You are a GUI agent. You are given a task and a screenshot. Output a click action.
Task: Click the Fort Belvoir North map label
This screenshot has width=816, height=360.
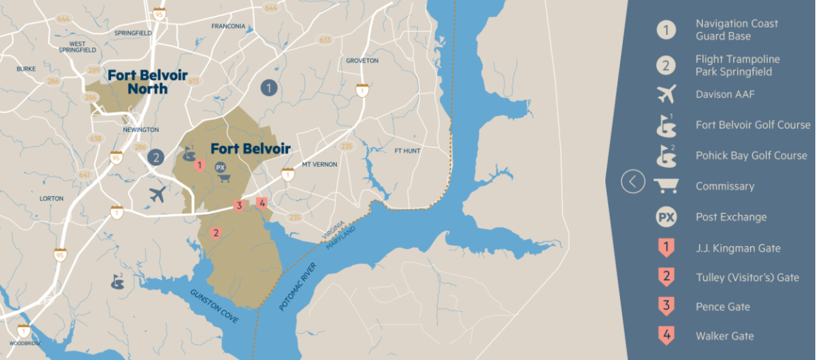(x=147, y=81)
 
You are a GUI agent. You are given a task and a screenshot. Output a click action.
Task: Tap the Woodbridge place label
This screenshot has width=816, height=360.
(x=27, y=343)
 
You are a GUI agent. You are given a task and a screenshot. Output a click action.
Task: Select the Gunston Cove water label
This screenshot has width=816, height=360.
(x=214, y=305)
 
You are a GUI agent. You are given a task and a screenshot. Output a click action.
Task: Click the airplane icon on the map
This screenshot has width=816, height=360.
(x=158, y=194)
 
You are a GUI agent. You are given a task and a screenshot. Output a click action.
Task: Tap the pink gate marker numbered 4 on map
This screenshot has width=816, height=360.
(x=262, y=203)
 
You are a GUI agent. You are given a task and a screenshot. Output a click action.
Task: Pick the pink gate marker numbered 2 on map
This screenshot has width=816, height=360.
(x=216, y=233)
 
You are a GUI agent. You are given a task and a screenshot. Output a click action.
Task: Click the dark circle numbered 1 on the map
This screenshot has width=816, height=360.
(x=269, y=88)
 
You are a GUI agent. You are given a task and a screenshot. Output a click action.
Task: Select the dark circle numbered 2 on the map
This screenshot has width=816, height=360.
(x=156, y=158)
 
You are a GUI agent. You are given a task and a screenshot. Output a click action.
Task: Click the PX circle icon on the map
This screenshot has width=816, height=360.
(x=220, y=167)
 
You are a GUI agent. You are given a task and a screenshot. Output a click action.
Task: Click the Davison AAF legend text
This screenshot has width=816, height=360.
(x=725, y=93)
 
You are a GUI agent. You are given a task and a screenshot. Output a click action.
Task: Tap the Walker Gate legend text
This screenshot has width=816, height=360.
(x=725, y=336)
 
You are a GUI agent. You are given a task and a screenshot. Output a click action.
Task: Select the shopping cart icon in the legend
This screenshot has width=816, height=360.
(x=666, y=186)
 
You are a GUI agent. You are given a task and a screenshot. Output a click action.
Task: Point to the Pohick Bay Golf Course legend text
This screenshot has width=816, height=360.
(x=751, y=156)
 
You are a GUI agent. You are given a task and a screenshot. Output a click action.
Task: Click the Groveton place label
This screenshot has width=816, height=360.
(x=362, y=61)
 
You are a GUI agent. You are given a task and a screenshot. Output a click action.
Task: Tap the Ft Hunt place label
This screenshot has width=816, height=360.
(x=407, y=150)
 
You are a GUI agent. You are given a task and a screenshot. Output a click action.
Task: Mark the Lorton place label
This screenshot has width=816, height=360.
(x=52, y=198)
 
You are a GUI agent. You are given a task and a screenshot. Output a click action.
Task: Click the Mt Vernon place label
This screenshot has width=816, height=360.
(x=319, y=165)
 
